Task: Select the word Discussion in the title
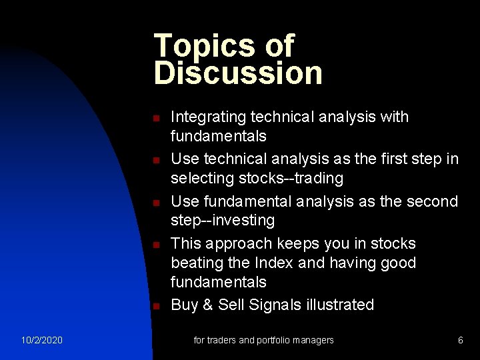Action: [238, 73]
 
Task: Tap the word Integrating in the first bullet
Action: [208, 117]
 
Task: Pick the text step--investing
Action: [223, 220]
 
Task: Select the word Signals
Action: [273, 305]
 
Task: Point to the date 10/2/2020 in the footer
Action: [42, 340]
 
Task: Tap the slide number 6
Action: [461, 340]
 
